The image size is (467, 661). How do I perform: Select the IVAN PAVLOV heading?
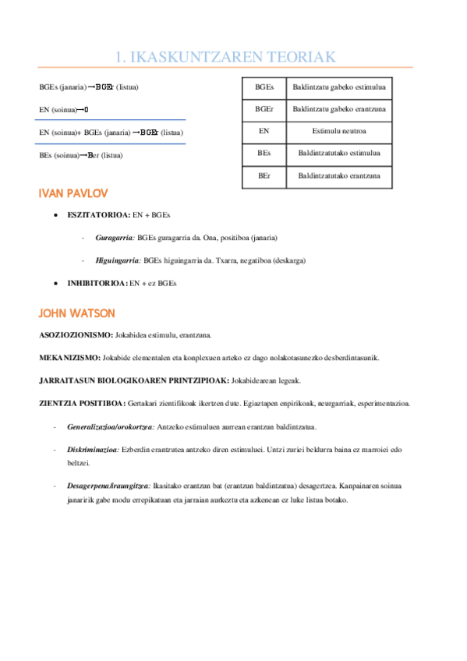73,193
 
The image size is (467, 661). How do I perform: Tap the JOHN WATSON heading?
76,313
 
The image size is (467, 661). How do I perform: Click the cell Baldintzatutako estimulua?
339,154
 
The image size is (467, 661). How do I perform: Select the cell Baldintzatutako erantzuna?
339,176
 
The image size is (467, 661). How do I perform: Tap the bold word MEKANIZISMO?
69,358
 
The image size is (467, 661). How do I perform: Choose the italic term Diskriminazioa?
93,449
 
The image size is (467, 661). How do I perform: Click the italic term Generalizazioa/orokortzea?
111,426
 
